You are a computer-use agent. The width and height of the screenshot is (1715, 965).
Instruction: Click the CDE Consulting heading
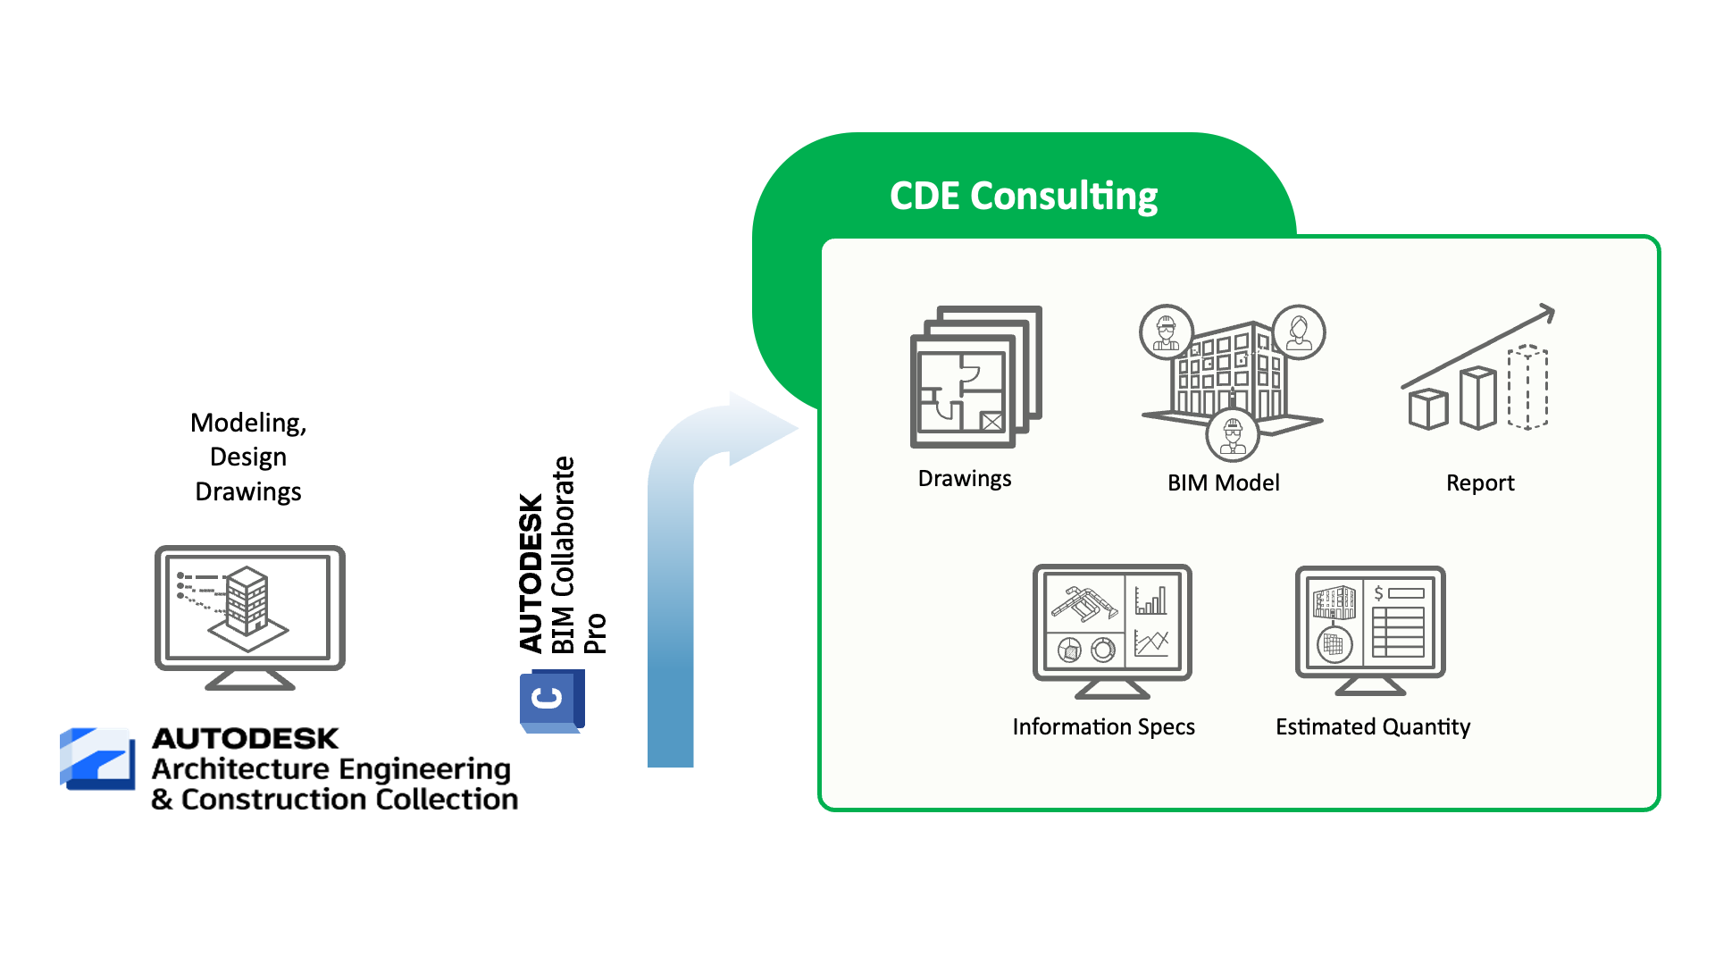point(1024,197)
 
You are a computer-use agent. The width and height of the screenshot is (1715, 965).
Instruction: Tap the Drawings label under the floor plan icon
point(965,479)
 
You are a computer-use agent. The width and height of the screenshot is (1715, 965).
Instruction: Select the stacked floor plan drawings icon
point(976,376)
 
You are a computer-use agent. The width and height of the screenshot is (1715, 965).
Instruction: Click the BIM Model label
point(1224,482)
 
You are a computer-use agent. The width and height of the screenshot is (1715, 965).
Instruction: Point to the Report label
point(1480,483)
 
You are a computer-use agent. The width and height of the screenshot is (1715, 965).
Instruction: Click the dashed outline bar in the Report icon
point(1527,388)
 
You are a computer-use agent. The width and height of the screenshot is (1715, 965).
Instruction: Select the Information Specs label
point(1103,727)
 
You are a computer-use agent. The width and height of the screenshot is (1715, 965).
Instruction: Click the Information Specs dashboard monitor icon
point(1112,631)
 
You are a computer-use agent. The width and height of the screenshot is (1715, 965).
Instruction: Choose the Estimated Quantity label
point(1373,727)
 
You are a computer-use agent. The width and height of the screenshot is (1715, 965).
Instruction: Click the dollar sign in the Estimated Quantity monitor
point(1379,593)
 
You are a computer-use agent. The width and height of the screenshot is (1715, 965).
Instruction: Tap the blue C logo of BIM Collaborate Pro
point(552,701)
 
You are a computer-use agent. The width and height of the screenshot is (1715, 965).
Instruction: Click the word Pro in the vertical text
point(595,634)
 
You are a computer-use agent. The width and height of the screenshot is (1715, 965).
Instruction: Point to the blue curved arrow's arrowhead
point(761,429)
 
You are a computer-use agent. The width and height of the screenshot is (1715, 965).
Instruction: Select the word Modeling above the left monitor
point(248,424)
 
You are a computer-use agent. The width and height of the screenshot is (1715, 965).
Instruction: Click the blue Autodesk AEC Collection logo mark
point(97,759)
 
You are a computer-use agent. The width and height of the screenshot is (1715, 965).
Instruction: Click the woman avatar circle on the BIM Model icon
point(1299,332)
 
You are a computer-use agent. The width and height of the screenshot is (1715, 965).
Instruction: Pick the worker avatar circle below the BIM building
point(1233,434)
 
